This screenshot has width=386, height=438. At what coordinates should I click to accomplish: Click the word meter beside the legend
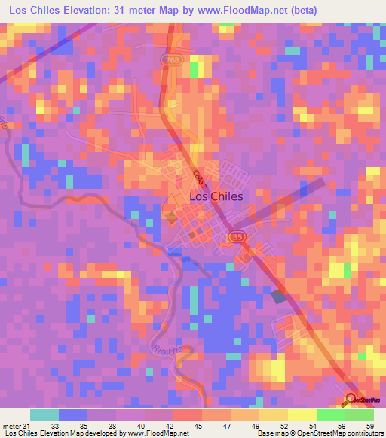point(11,427)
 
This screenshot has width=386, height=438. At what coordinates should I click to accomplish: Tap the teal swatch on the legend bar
point(44,415)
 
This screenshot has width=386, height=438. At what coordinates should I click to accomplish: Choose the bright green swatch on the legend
point(330,415)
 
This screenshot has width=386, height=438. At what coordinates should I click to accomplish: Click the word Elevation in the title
point(88,10)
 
